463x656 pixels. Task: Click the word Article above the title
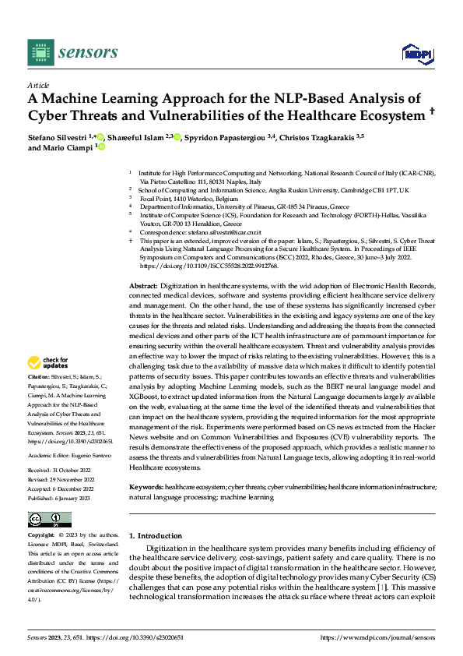[x=38, y=85]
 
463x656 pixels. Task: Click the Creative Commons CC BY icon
[x=49, y=519]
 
